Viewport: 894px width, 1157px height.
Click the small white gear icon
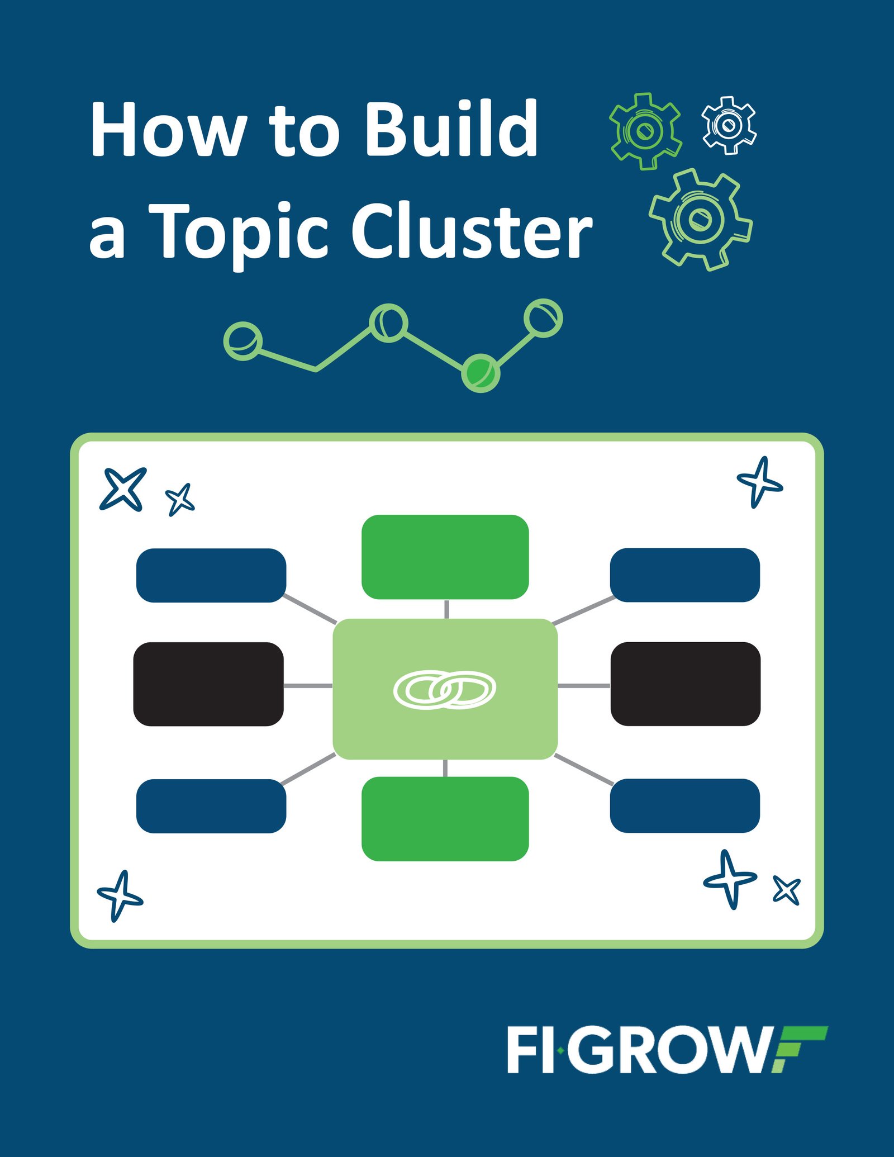click(x=729, y=125)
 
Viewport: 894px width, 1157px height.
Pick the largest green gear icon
click(x=700, y=219)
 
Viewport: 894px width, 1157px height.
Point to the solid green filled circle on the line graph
click(x=480, y=373)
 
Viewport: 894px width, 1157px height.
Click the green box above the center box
click(x=445, y=557)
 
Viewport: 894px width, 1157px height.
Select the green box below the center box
click(x=445, y=819)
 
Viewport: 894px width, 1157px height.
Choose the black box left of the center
click(x=208, y=684)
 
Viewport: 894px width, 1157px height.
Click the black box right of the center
click(x=685, y=684)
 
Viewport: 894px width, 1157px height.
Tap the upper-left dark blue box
click(x=211, y=575)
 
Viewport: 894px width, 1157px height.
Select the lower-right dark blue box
click(x=684, y=805)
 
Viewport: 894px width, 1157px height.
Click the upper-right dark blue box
click(x=684, y=575)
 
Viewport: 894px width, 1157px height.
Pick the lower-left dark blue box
click(x=211, y=806)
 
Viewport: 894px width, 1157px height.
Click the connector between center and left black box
click(x=308, y=685)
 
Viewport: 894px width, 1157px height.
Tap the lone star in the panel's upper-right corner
click(x=760, y=482)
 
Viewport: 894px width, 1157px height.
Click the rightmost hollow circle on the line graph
click(x=543, y=318)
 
